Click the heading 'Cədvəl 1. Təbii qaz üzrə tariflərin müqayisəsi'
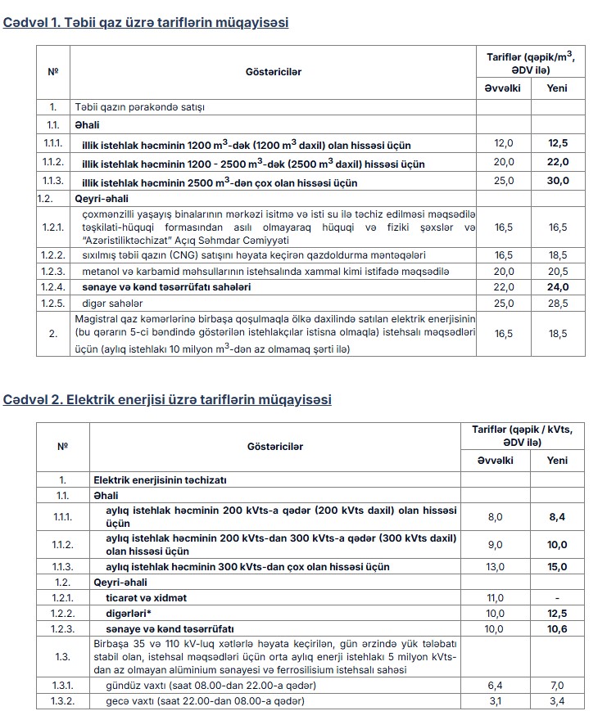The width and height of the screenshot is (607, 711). click(147, 23)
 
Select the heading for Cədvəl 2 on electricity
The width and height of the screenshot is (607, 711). click(167, 400)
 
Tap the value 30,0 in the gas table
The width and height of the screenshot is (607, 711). click(557, 181)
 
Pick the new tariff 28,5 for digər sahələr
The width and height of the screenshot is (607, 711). click(557, 304)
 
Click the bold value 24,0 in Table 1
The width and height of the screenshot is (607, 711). click(557, 287)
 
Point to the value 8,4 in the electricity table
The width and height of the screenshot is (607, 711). click(557, 516)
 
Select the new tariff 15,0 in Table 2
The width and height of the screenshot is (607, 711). click(557, 566)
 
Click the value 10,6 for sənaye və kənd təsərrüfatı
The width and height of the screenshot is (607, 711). click(557, 628)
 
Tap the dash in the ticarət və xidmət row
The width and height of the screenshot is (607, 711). click(557, 598)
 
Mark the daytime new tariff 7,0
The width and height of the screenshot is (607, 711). click(557, 685)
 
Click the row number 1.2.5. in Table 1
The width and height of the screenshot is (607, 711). click(52, 304)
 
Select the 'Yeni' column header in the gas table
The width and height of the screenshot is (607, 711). click(557, 88)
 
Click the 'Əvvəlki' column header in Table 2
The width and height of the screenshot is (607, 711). click(496, 461)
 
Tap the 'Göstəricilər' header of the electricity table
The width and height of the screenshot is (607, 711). click(275, 446)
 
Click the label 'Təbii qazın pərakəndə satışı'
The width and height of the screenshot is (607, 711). click(140, 107)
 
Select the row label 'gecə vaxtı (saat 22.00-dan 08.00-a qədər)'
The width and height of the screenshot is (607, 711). click(206, 701)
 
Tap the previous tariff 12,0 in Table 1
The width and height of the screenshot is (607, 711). click(504, 144)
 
